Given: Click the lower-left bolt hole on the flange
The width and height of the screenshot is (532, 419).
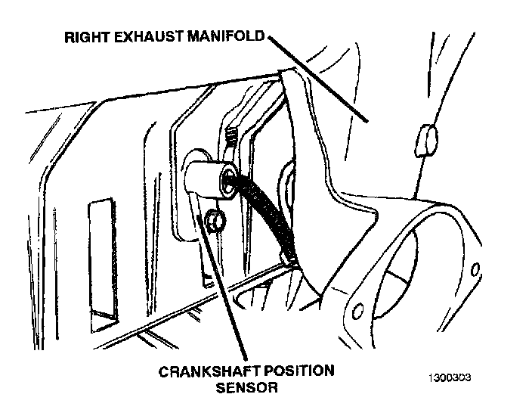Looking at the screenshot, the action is (x=358, y=309).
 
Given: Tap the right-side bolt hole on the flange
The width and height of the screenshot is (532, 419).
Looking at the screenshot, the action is (x=476, y=269).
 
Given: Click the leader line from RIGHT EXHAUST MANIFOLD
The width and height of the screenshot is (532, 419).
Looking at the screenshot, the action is (x=317, y=79).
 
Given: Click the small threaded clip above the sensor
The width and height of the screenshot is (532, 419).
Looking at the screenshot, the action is (x=234, y=139).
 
